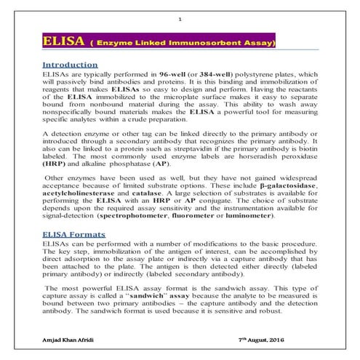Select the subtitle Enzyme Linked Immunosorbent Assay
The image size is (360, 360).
(x=184, y=44)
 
